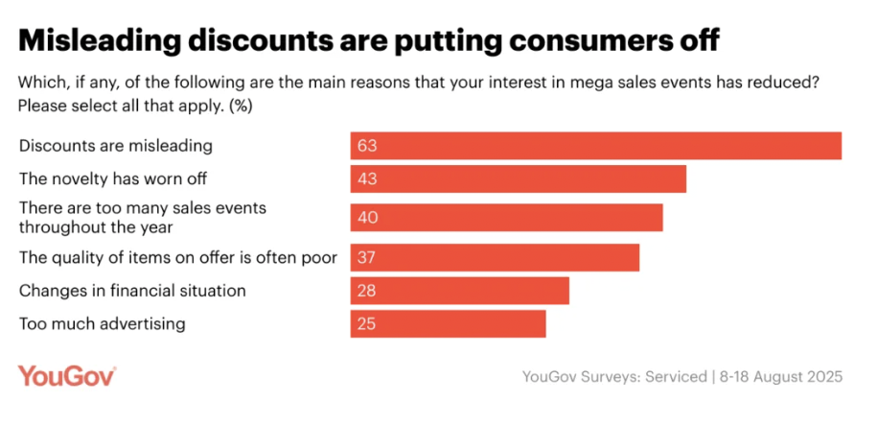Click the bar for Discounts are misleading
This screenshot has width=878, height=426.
point(594,146)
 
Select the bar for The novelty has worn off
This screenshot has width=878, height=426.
point(518,179)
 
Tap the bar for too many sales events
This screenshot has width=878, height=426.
point(506,217)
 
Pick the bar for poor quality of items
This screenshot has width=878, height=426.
point(494,257)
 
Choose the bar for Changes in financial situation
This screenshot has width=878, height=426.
point(459,290)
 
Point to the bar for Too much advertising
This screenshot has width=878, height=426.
point(448,323)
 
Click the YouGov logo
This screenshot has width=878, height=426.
point(67,376)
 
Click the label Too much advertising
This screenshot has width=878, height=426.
point(102,323)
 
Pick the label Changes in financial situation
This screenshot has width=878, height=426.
point(133,290)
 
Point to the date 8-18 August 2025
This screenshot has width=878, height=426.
point(782,377)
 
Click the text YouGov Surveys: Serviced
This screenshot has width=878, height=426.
point(613,377)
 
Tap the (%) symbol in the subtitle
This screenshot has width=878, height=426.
point(240,105)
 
